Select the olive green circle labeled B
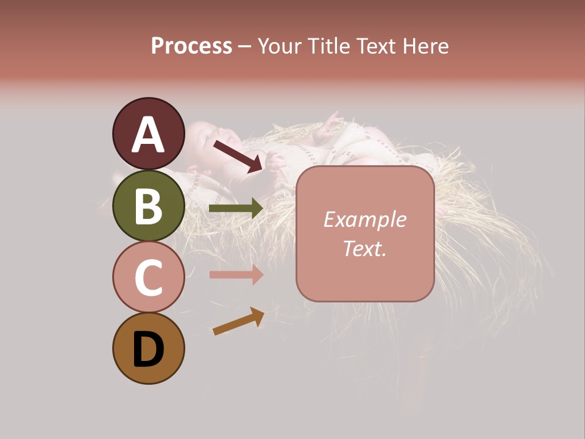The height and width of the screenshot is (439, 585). pos(148,205)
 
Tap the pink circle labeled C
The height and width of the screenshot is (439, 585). pos(148,277)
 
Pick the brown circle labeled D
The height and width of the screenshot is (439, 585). pos(148,349)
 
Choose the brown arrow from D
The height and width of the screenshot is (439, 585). pos(238,321)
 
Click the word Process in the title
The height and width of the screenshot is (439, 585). pos(191,46)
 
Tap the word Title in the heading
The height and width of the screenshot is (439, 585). pos(331,46)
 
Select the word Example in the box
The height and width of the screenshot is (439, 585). pos(364,220)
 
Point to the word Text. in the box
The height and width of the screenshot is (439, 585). pos(364,248)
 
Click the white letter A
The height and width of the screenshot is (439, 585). pos(148,135)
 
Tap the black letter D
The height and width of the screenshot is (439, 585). pos(148,350)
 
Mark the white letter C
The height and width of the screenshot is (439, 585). pos(148,278)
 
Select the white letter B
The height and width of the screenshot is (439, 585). pos(148,206)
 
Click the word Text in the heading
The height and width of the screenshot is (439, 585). pos(378,46)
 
